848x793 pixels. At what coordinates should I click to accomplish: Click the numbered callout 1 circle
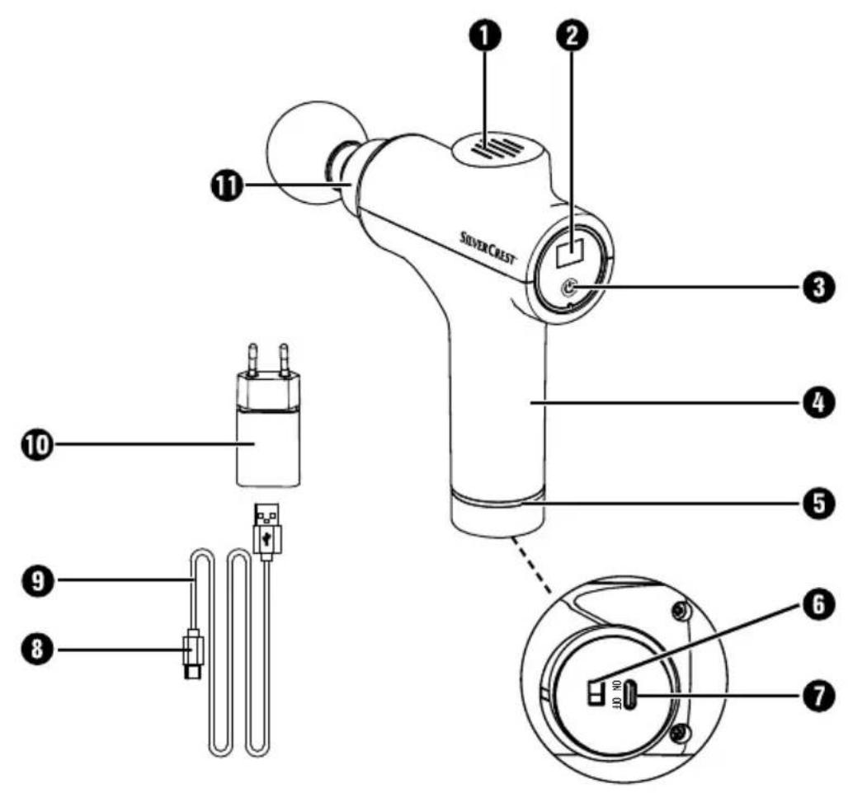pos(484,35)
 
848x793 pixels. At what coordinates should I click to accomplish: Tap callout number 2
pos(573,35)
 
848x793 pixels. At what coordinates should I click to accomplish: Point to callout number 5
pos(819,503)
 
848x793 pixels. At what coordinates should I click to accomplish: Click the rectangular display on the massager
pos(570,251)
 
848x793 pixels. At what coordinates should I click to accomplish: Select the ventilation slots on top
pos(497,148)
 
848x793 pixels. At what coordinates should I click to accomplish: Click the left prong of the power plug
pos(252,359)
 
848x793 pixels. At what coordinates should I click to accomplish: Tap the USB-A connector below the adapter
pos(267,530)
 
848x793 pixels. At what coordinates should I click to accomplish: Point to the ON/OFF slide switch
pos(596,692)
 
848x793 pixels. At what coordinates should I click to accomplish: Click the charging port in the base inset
pos(631,695)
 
